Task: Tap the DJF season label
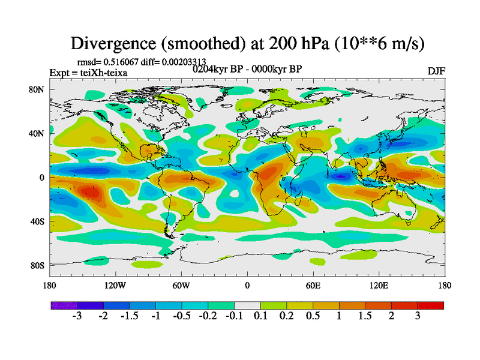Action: pyautogui.click(x=436, y=71)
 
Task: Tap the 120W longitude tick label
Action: pyautogui.click(x=115, y=285)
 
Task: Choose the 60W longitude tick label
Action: pyautogui.click(x=181, y=285)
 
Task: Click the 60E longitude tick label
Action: pyautogui.click(x=313, y=285)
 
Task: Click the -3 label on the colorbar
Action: pyautogui.click(x=77, y=316)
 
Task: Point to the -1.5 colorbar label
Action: pyautogui.click(x=129, y=316)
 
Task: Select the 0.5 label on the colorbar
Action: pyautogui.click(x=313, y=316)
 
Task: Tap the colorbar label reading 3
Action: pyautogui.click(x=418, y=316)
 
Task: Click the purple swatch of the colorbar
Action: pyautogui.click(x=64, y=305)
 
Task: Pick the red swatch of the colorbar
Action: pyautogui.click(x=431, y=305)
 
